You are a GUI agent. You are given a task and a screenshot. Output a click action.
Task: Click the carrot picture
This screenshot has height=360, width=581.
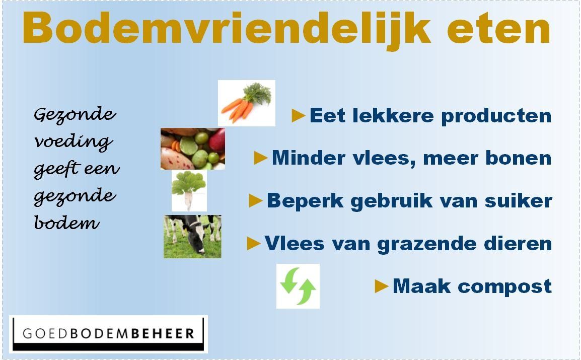point(246,103)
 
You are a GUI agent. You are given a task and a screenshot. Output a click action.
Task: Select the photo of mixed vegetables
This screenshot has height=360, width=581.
point(193,149)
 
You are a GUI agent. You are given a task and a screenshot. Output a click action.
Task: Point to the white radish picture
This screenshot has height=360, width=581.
point(189,191)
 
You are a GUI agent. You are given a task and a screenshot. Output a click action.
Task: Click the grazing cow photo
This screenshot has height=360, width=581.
point(192,236)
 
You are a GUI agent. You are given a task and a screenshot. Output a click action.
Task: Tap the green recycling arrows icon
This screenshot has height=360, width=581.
point(298,286)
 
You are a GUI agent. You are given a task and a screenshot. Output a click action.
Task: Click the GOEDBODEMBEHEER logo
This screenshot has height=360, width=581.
point(108,334)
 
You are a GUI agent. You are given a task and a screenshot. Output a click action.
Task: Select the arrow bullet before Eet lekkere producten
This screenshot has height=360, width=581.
point(298,116)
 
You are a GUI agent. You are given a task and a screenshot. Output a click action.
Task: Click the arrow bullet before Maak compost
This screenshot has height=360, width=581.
point(381,286)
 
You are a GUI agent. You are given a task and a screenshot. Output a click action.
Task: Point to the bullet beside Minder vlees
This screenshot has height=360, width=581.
point(261,158)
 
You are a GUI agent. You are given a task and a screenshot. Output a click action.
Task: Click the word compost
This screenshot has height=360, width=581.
point(504,287)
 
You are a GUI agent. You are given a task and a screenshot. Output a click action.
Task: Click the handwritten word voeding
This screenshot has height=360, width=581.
point(74,141)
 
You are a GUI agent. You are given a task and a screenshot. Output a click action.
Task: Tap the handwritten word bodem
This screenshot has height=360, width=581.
point(67,222)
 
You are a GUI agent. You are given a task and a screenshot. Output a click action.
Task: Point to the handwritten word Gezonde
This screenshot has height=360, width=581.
point(75,114)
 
